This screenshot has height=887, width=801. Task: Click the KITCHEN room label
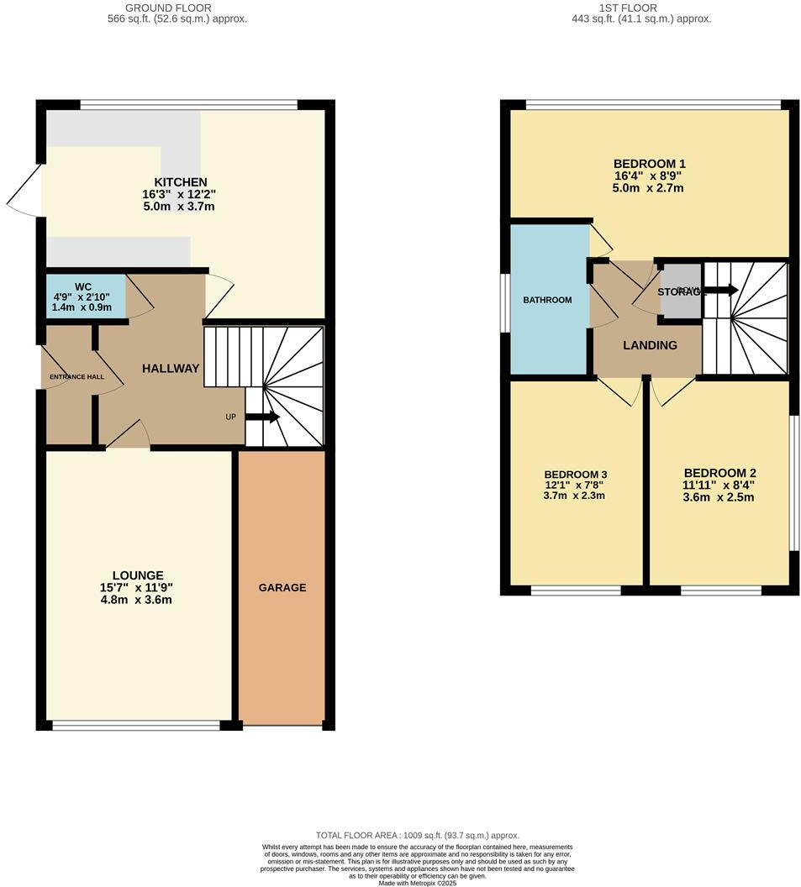[180, 182]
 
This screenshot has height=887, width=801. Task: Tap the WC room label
[82, 286]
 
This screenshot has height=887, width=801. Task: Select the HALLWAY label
[171, 368]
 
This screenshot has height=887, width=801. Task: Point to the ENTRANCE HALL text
[76, 376]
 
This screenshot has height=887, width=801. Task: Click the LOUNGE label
[135, 575]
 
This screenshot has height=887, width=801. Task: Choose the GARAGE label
[282, 587]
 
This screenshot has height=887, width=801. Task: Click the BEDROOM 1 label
[649, 164]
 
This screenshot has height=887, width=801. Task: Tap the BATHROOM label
[547, 300]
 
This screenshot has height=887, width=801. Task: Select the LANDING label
[650, 345]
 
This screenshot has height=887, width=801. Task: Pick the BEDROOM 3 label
[575, 474]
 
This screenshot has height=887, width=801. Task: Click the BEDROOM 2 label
[719, 473]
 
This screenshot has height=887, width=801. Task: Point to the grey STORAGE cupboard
[682, 291]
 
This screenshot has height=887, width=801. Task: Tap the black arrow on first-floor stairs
[720, 291]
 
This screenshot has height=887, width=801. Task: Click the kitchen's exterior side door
[25, 192]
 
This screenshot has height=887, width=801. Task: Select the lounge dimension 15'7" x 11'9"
[135, 588]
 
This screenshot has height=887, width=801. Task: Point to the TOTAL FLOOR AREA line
[417, 836]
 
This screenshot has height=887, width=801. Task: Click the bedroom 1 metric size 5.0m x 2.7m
[649, 188]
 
